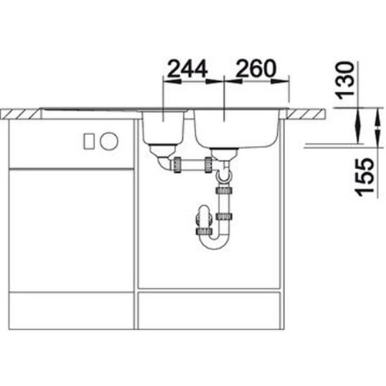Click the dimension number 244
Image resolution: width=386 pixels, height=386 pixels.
[x=188, y=69]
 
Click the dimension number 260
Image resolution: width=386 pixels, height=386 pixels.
[x=256, y=69]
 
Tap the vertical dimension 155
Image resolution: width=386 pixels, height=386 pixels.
[x=364, y=178]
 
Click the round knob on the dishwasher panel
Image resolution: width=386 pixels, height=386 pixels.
[x=110, y=141]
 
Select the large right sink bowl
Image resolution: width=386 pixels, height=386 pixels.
[x=237, y=129]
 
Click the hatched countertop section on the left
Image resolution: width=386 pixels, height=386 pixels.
[x=20, y=113]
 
